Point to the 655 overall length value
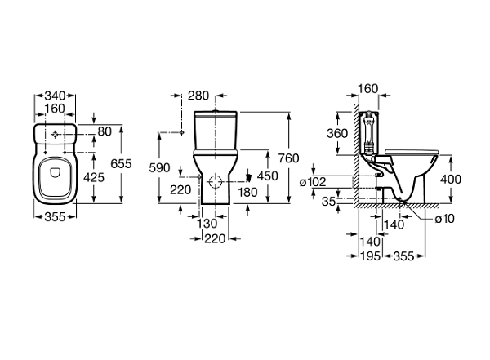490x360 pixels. coord(121,163)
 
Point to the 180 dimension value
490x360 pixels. coord(247,192)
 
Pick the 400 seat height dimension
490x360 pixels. coord(451,180)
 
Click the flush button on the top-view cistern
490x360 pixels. coord(56,134)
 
